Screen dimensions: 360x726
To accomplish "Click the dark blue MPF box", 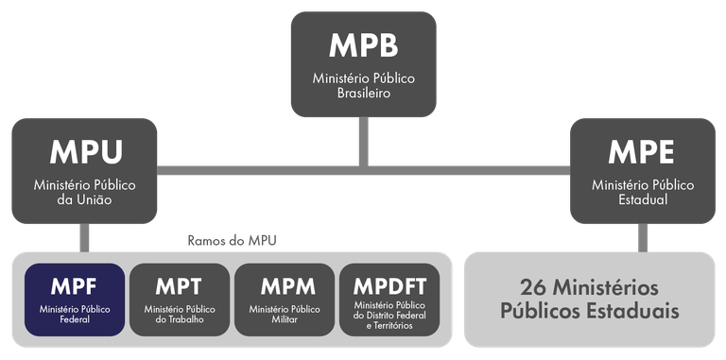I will pos(75,300).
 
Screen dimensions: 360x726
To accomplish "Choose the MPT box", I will pos(180,300).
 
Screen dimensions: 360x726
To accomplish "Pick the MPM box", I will pos(284,300).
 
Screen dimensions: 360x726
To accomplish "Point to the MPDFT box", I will pos(389,300).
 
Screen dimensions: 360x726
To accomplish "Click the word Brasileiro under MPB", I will pos(363,94).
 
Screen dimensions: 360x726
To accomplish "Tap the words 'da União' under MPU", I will pos(85,199).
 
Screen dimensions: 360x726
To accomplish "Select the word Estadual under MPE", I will pos(642,199).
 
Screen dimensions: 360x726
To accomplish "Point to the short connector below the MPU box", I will pos(85,237).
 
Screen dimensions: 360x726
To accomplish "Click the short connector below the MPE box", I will pos(643,237).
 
